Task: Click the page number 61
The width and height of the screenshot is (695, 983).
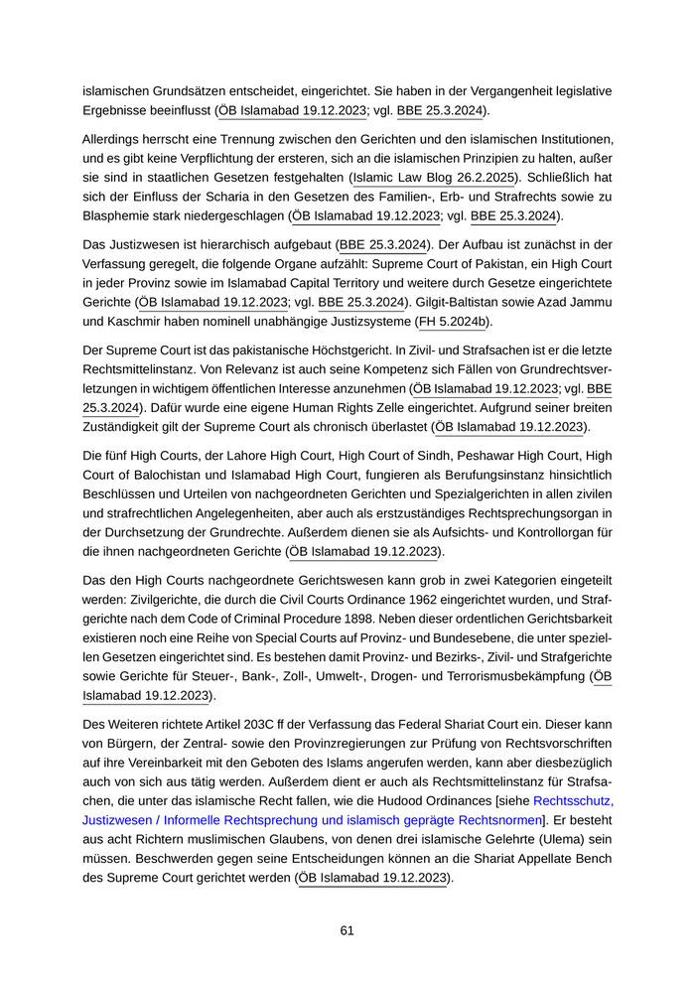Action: tap(347, 930)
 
